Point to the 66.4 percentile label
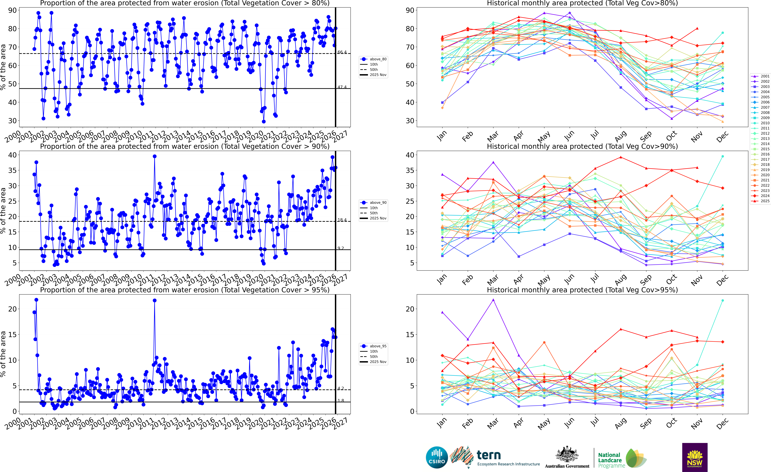point(342,52)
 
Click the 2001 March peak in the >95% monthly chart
point(493,300)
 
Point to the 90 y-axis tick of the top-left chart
point(12,10)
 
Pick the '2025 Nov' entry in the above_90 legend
point(378,218)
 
